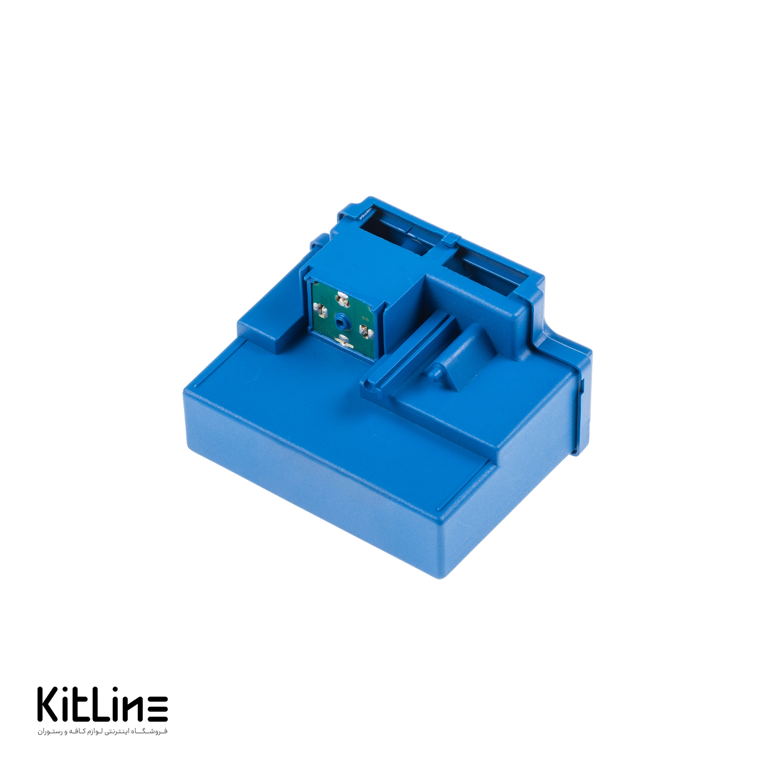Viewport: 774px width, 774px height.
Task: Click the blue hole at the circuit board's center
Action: click(x=341, y=319)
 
